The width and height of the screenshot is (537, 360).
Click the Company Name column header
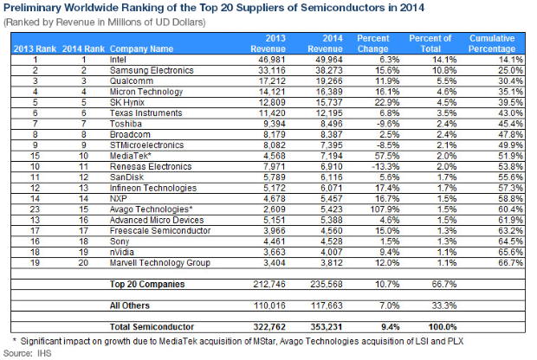141,49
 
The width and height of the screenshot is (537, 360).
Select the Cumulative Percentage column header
492,43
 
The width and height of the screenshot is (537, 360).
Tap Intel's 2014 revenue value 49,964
329,60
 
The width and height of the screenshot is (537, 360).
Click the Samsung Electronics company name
152,70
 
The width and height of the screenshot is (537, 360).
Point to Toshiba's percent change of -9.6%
388,124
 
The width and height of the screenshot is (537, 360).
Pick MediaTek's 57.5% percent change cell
387,156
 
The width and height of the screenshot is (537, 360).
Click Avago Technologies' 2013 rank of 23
35,209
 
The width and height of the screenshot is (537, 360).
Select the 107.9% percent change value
385,209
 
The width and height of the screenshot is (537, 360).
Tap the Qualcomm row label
131,81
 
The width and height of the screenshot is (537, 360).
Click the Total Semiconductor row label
152,327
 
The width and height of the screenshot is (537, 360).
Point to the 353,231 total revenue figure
326,327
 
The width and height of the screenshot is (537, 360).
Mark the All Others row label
129,305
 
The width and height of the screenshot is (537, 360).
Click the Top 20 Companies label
147,285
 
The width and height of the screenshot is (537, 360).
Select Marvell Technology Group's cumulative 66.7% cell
511,263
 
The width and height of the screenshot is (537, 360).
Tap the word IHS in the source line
44,353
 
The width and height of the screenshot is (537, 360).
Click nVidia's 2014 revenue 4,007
331,252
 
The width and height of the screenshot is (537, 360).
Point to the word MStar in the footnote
264,342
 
